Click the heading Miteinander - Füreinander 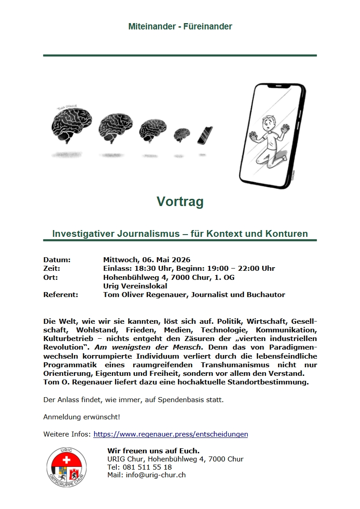(180, 27)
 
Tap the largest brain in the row (68, 124)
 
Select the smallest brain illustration (182, 134)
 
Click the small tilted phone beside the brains (205, 135)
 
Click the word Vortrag (180, 202)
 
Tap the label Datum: (57, 260)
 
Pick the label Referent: (61, 295)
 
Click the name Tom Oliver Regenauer (145, 295)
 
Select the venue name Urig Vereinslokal (135, 286)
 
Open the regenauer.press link (171, 434)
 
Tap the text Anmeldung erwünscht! (82, 417)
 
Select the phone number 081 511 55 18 (146, 467)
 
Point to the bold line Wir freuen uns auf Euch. (154, 451)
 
